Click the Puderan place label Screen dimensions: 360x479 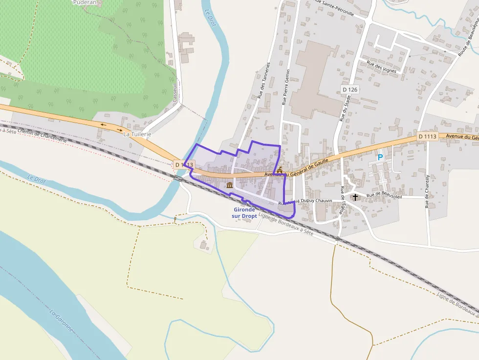(84, 2)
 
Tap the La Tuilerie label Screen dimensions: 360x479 (137, 134)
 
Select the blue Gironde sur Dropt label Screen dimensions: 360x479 (244, 212)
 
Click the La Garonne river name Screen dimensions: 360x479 (62, 320)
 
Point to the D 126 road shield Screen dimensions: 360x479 (350, 89)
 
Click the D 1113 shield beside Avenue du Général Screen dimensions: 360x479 (427, 137)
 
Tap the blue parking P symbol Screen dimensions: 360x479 (380, 158)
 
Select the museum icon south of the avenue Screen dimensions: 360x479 (230, 185)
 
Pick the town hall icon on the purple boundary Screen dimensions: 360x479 (280, 170)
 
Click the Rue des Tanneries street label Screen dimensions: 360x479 (264, 81)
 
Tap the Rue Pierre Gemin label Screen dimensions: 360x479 (285, 87)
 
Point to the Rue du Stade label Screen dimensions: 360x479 (345, 108)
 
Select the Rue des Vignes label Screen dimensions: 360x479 (381, 67)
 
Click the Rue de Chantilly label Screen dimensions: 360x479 (427, 191)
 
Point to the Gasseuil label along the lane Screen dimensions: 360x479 (174, 92)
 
